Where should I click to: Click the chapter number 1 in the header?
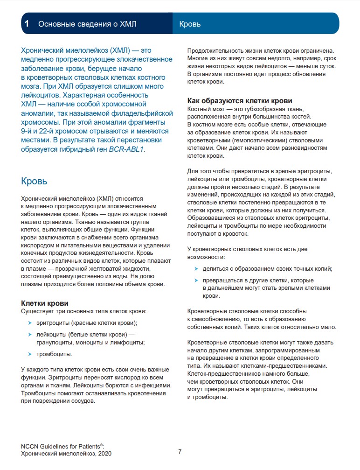tap(28, 24)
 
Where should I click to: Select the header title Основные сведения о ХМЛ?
tap(87, 24)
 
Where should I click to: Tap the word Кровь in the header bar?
tap(190, 24)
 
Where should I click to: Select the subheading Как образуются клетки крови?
tap(240, 101)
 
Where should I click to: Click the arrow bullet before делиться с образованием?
tap(196, 269)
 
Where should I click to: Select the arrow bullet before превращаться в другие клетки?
tap(196, 281)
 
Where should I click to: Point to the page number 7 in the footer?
tap(180, 451)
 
